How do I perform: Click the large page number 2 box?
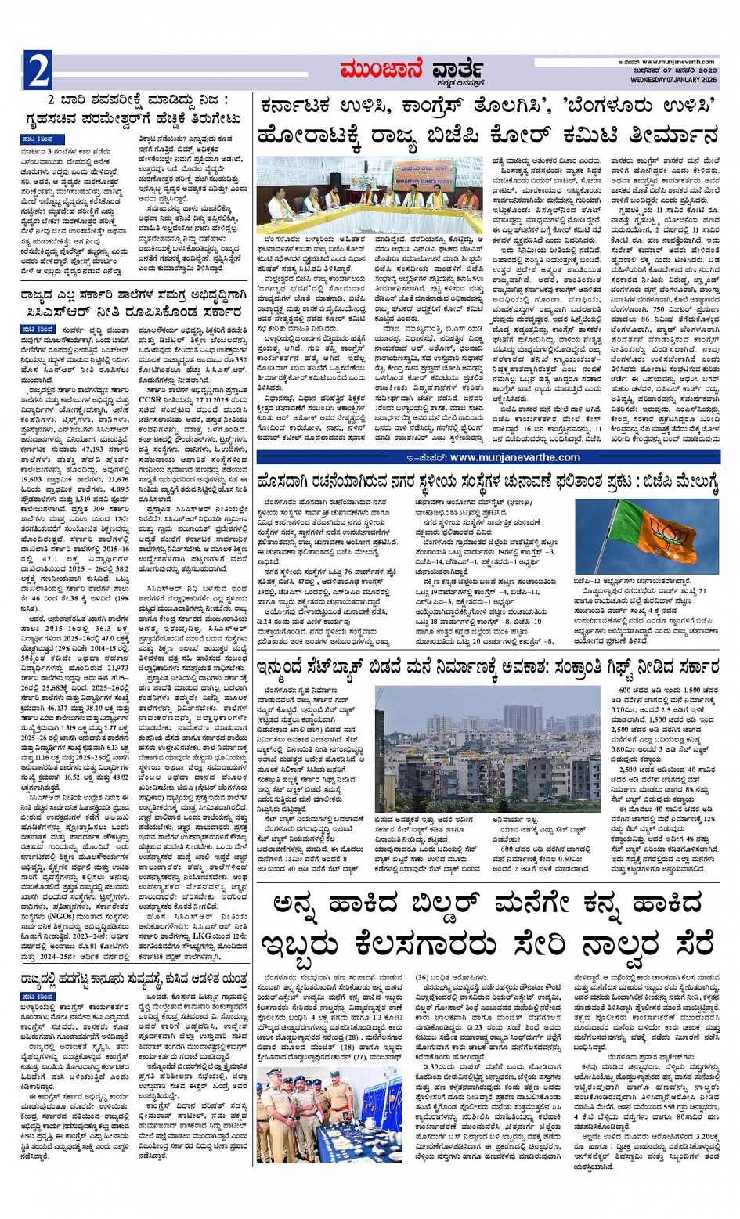tap(38, 71)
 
